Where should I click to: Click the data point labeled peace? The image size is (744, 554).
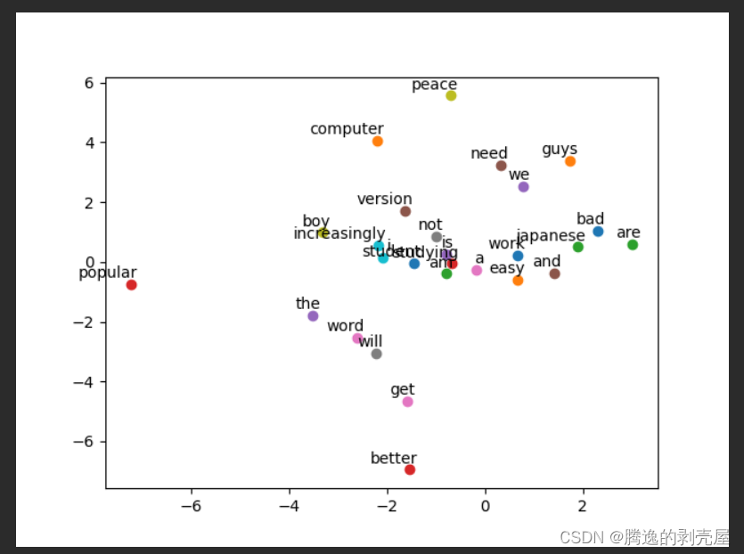coord(451,95)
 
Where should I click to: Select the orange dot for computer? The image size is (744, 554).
coord(378,142)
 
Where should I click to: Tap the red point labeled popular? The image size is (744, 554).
coord(131,285)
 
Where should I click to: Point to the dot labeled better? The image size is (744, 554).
coord(410,469)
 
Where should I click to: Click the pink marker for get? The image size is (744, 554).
coord(407,402)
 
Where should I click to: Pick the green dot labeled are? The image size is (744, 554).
coord(633,245)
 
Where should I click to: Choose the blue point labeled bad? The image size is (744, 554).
coord(598,232)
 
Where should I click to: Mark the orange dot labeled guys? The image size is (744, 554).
coord(570,161)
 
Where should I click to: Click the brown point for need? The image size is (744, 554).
coord(501,166)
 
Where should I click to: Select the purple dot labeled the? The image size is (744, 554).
coord(313,316)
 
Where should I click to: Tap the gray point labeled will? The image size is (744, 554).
coord(376,354)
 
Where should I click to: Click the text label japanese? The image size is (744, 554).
coord(551,236)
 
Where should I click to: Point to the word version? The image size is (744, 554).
coord(385,200)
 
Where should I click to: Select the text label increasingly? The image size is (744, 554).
coord(339,234)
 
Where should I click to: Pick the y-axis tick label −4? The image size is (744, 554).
coord(86,382)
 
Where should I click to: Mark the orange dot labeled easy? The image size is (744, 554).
coord(518,281)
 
